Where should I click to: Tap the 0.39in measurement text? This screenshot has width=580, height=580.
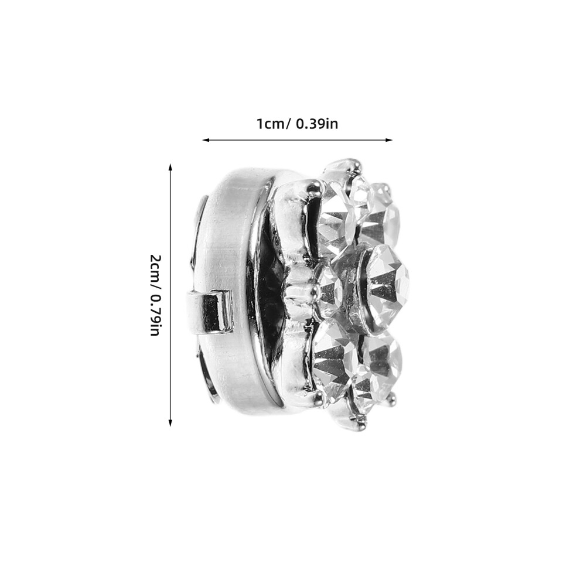click(317, 124)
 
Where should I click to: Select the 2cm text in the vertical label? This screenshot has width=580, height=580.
click(155, 267)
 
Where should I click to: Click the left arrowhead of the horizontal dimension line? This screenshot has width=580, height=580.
click(206, 140)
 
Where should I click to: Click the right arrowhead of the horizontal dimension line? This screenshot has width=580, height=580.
click(389, 140)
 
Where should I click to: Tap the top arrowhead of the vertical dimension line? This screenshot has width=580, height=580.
click(170, 167)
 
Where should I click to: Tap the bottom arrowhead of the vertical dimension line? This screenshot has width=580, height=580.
click(170, 423)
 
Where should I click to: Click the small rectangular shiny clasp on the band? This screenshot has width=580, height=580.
click(209, 312)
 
